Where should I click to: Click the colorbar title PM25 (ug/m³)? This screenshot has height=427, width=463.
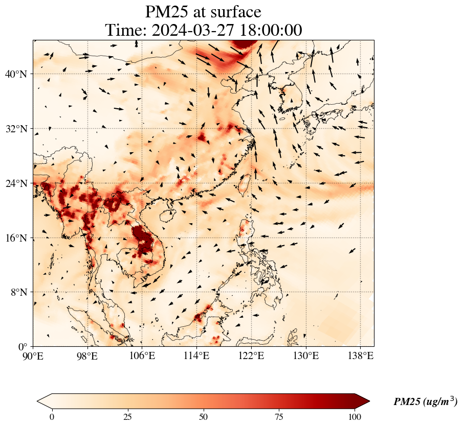[x=425, y=402]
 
